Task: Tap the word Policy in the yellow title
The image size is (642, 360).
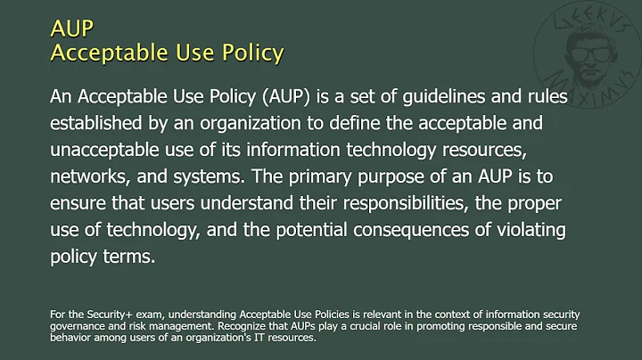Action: pos(251,53)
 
